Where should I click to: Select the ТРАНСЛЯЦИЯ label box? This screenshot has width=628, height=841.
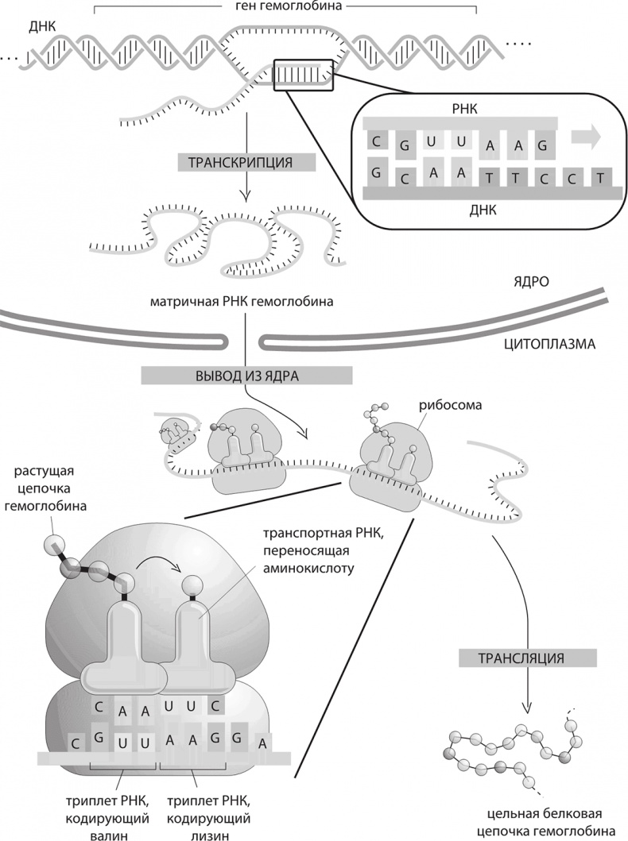[x=527, y=658]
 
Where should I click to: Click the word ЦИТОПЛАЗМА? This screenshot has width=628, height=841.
[x=550, y=345]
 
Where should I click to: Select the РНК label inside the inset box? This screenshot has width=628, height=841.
[x=461, y=114]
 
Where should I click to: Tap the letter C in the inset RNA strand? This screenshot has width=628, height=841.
[x=372, y=141]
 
